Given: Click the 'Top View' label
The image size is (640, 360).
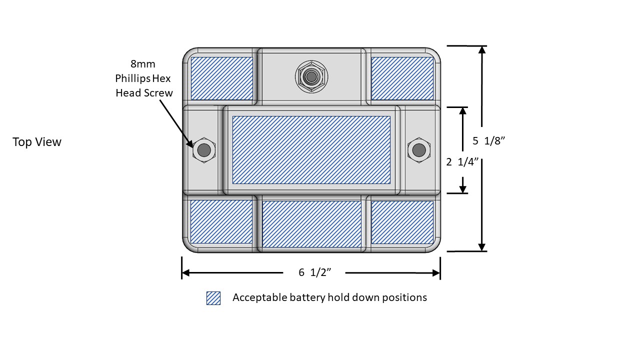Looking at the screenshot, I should click(37, 142).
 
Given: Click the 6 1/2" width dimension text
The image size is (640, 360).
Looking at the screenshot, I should click(315, 272).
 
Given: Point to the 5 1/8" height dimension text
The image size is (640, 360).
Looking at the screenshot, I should click(489, 141).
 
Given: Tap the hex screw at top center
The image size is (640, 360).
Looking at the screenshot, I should click(311, 76).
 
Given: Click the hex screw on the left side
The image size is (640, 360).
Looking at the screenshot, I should click(204, 149).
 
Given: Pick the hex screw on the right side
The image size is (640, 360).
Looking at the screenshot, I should click(418, 149).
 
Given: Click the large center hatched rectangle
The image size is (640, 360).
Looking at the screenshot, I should click(311, 149).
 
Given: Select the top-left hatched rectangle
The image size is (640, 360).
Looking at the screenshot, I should click(221, 78).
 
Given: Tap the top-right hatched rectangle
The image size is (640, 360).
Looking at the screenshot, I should click(402, 78).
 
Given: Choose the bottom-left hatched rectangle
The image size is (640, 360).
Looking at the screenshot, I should click(221, 221).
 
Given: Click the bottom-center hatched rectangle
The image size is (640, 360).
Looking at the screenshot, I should click(311, 224).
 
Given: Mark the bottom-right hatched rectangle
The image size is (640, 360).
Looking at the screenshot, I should click(402, 222).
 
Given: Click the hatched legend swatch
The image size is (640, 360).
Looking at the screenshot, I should click(213, 298).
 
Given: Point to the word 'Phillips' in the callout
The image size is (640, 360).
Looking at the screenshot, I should click(132, 78).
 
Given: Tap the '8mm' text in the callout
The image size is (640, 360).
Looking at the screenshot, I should click(143, 64).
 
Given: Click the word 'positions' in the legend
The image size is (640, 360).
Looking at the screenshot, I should click(405, 297).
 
